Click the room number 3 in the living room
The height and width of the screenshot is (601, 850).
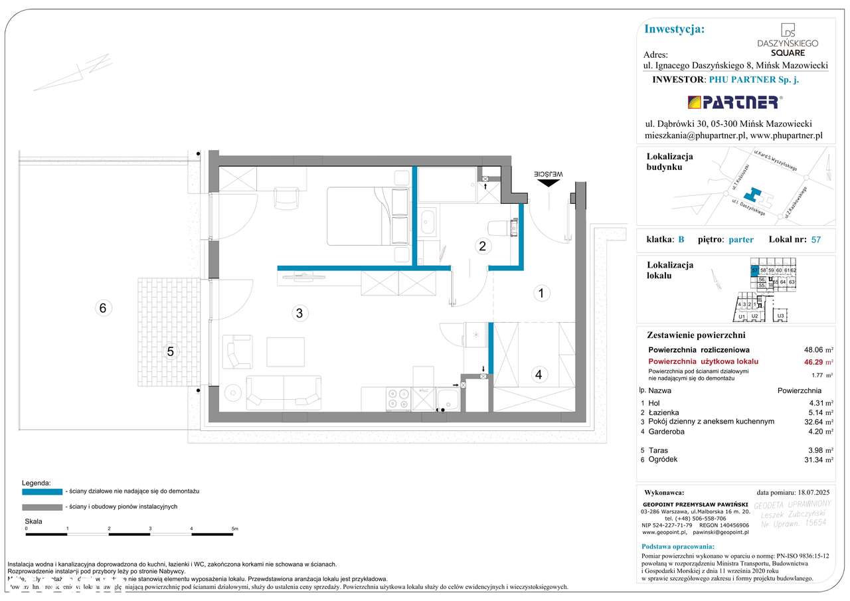point(299,313)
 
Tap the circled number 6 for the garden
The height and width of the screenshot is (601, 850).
point(102,308)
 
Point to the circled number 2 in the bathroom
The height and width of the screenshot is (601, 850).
point(483,246)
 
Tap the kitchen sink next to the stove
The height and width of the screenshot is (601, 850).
point(448,400)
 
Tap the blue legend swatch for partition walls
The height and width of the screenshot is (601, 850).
point(42,491)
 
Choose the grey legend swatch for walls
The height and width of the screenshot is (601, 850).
point(42,507)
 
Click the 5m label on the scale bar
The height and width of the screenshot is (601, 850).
point(234,529)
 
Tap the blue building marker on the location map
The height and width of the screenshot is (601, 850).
point(753,195)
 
